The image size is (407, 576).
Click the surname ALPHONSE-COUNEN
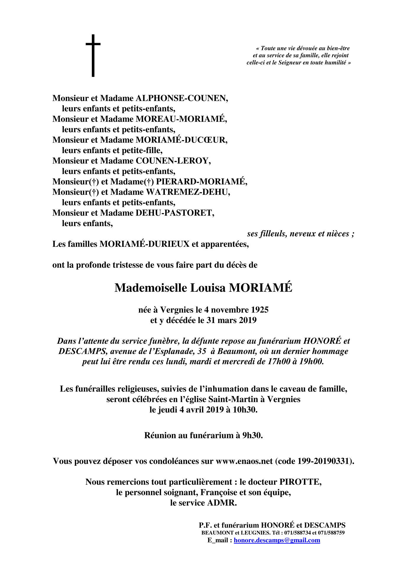(x=182, y=98)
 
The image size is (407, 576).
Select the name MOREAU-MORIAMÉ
(x=181, y=119)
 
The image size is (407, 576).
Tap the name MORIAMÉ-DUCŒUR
(x=181, y=140)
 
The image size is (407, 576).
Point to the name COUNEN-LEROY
(x=173, y=161)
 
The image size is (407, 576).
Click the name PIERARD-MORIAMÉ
(x=201, y=181)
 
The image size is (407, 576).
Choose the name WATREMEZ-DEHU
(x=188, y=192)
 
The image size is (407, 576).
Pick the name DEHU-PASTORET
(x=175, y=213)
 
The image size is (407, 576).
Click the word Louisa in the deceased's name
(x=208, y=288)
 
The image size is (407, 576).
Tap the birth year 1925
(x=260, y=310)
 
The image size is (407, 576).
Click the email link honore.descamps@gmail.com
(x=277, y=540)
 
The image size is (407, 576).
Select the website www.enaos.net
(x=244, y=461)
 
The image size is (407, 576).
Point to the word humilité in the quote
(x=335, y=63)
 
